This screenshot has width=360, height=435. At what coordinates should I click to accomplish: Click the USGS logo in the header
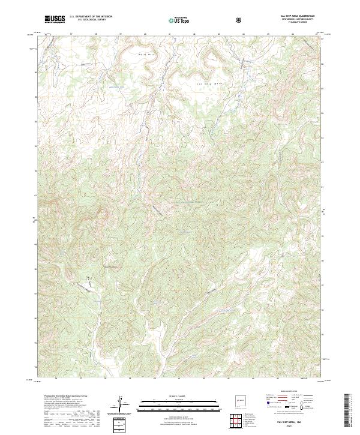coord(54,19)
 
